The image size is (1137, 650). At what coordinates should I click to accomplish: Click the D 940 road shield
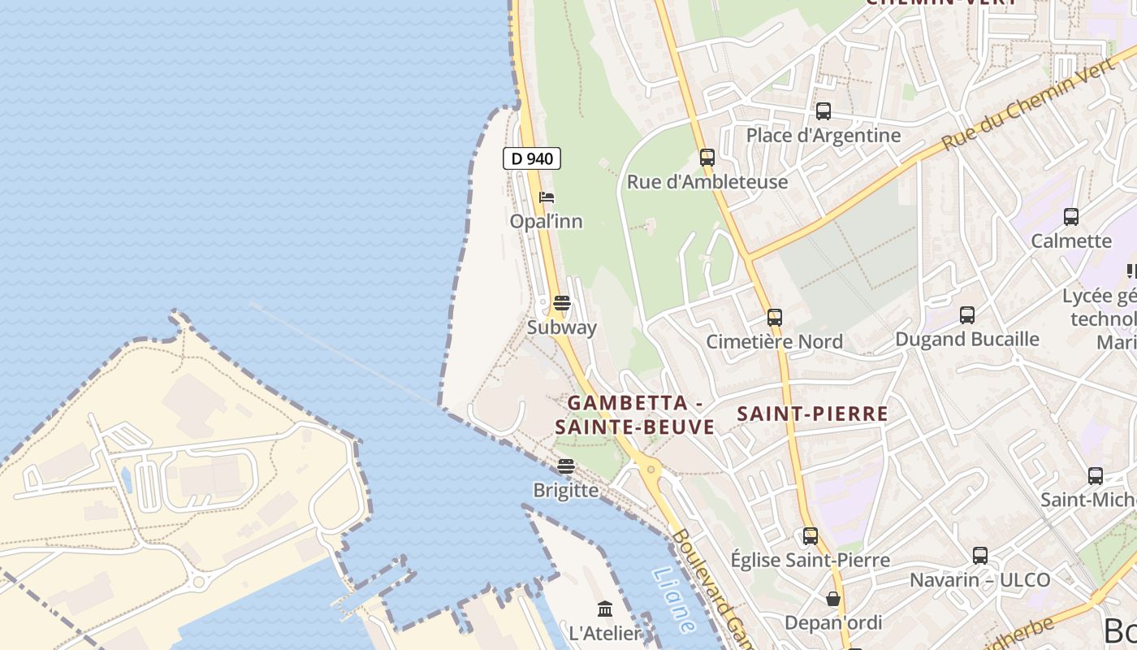(x=532, y=158)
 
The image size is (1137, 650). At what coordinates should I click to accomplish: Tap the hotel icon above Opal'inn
(x=547, y=197)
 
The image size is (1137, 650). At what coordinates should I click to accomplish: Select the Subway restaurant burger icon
(x=561, y=304)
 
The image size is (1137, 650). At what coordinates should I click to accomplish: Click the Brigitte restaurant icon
(x=566, y=466)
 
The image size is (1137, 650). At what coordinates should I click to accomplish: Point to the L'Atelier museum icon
(x=605, y=609)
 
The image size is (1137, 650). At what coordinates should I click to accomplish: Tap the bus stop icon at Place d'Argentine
(x=824, y=111)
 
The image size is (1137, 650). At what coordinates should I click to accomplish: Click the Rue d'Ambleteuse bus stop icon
(x=707, y=158)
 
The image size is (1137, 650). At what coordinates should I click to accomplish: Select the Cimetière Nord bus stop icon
(x=775, y=318)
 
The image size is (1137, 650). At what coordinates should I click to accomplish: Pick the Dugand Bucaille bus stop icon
(x=967, y=315)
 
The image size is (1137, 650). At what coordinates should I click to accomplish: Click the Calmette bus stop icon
(x=1071, y=217)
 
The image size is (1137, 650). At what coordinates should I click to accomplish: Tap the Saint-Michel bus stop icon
(x=1096, y=476)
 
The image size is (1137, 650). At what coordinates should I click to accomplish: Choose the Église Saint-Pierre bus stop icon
(x=811, y=536)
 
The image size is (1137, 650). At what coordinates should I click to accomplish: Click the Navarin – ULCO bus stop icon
(x=980, y=556)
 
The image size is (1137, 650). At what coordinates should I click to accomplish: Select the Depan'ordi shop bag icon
(x=833, y=600)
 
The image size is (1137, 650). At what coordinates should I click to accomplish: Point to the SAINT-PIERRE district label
(x=812, y=414)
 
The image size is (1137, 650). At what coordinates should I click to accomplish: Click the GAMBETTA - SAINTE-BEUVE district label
(x=634, y=414)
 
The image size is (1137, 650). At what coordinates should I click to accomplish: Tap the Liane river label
(x=673, y=600)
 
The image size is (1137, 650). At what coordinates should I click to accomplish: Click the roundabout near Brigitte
(x=650, y=469)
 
